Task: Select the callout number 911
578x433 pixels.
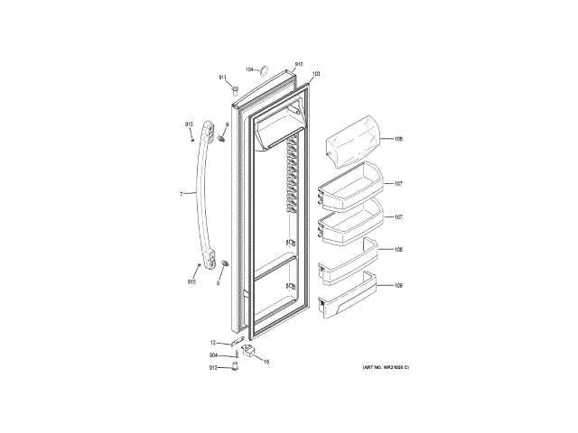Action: click(222, 78)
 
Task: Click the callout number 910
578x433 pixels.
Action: click(299, 65)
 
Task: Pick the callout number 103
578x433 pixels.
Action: click(316, 73)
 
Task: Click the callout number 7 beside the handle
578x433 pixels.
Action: click(182, 194)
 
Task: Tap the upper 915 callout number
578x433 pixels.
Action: click(190, 124)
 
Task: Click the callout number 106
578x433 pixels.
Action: click(398, 139)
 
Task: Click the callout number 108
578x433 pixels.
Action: click(398, 249)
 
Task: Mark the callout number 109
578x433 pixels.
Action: click(398, 286)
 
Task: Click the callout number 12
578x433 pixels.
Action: click(214, 343)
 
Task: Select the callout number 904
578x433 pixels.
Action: click(213, 355)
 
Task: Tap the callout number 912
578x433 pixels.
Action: click(213, 368)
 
